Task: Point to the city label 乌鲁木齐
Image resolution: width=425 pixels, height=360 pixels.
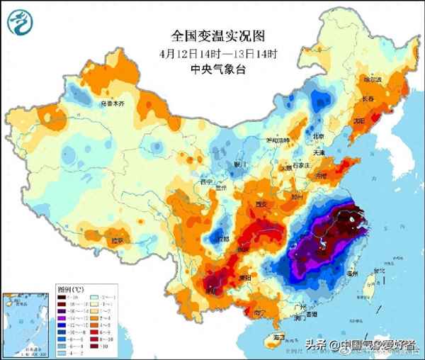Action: coord(111,103)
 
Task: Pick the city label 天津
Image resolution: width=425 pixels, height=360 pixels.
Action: coord(319,152)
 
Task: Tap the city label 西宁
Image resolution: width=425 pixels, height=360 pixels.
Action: coord(206,182)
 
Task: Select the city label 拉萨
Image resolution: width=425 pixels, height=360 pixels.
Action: coord(115,241)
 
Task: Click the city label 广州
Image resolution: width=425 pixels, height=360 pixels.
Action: coord(302,308)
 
